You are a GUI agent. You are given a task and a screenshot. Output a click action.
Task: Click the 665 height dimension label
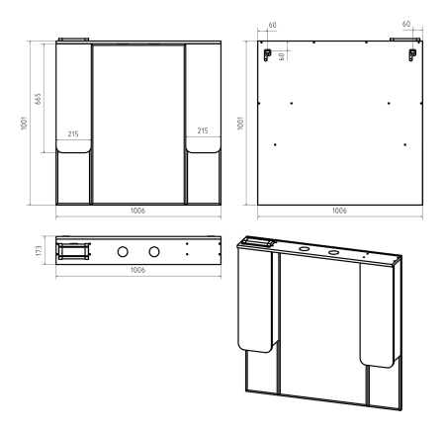pos(39,99)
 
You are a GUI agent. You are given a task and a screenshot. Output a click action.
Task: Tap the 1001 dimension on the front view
pos(24,123)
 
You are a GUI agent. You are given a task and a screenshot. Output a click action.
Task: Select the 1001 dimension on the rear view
pos(241,123)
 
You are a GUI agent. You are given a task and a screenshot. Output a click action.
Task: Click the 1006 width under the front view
pos(137,211)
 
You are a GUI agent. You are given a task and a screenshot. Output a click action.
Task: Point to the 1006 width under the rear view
pos(339,211)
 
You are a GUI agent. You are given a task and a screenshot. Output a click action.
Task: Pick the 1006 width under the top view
pos(137,270)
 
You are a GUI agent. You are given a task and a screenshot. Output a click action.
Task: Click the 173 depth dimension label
pos(39,251)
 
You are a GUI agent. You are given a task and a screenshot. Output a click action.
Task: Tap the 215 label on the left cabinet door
pos(73,133)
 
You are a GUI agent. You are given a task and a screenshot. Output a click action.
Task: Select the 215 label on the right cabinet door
pos(203,130)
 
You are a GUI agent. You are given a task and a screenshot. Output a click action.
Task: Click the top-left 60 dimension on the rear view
pos(273,25)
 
